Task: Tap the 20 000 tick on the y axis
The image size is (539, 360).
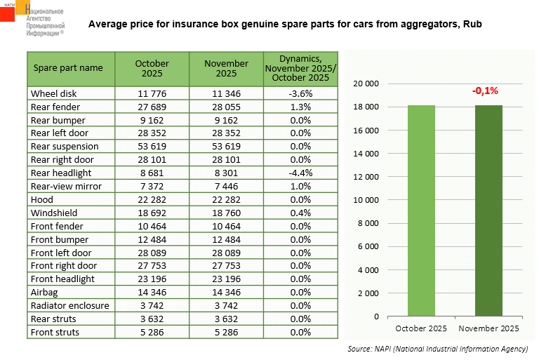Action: coord(366,84)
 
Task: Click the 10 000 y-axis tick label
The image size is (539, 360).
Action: coord(366,200)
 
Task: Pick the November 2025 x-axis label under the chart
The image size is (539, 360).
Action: coord(488,328)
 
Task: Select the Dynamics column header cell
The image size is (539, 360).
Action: coord(300,68)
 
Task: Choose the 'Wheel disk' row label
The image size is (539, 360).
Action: coord(54,93)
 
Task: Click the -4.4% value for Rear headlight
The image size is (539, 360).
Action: coord(300,173)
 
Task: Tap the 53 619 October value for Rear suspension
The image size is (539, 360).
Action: coord(152,147)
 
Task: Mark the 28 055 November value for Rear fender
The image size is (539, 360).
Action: coord(227,107)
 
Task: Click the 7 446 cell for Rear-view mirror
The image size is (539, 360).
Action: coord(227,187)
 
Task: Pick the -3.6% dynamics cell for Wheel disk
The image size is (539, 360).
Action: coord(300,93)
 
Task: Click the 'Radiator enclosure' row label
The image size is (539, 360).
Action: coord(69,306)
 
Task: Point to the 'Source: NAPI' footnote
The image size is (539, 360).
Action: coord(437,349)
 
